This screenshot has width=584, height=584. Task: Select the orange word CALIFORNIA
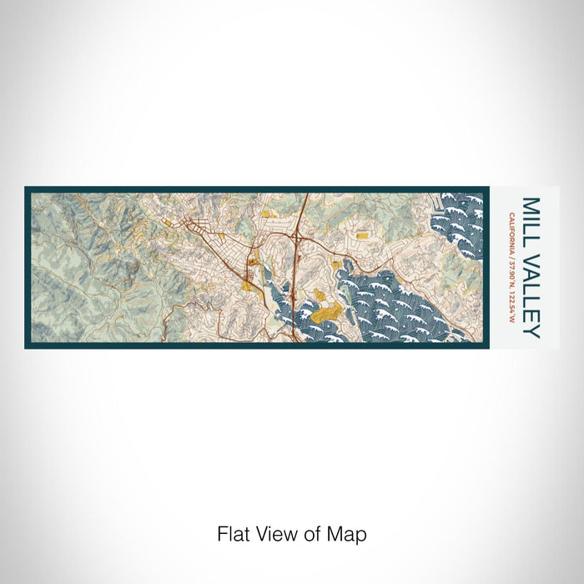(511, 229)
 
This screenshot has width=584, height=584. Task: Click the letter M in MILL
(531, 204)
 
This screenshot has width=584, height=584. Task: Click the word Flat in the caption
(233, 533)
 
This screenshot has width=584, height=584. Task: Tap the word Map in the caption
(350, 533)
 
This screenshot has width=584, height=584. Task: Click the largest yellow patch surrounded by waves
(327, 314)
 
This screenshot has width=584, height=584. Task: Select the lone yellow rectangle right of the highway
(363, 235)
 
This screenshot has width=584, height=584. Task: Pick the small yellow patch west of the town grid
(169, 223)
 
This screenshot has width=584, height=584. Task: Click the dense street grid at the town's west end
(200, 227)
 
